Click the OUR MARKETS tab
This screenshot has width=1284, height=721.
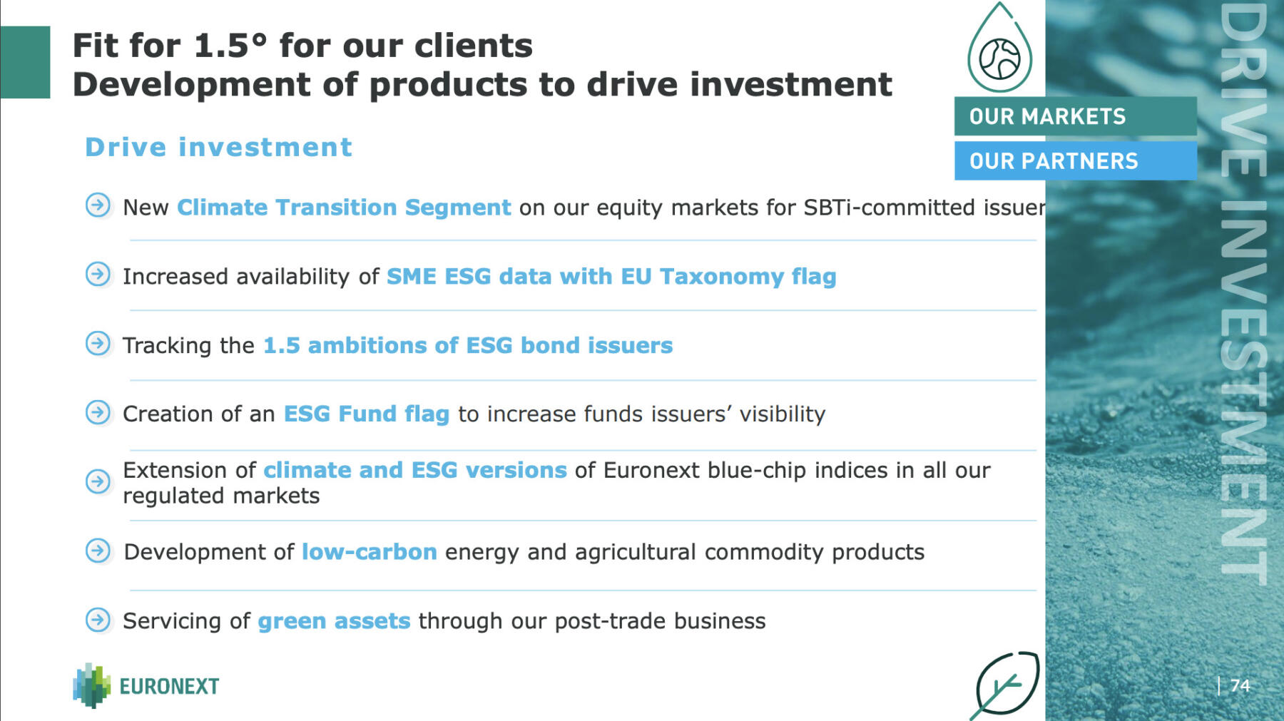pos(1075,116)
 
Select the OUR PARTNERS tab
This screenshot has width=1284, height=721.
pos(1075,160)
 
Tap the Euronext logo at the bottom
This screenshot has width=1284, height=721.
pos(146,685)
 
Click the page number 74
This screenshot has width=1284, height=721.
pos(1240,685)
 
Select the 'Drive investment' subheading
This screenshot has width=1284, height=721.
pos(218,147)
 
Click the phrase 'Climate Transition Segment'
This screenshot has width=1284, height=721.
pos(344,207)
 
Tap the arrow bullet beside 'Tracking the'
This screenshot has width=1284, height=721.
pos(98,344)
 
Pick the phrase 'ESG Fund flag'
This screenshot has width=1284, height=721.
pos(367,414)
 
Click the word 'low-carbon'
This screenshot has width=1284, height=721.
pos(370,552)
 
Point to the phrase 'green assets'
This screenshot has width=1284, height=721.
pos(334,621)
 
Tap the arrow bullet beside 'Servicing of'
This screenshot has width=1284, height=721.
pos(98,620)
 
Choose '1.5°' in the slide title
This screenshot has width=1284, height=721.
pos(230,46)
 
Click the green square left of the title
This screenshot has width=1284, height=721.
pos(25,62)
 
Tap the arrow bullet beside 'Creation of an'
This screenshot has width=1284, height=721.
pos(98,412)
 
